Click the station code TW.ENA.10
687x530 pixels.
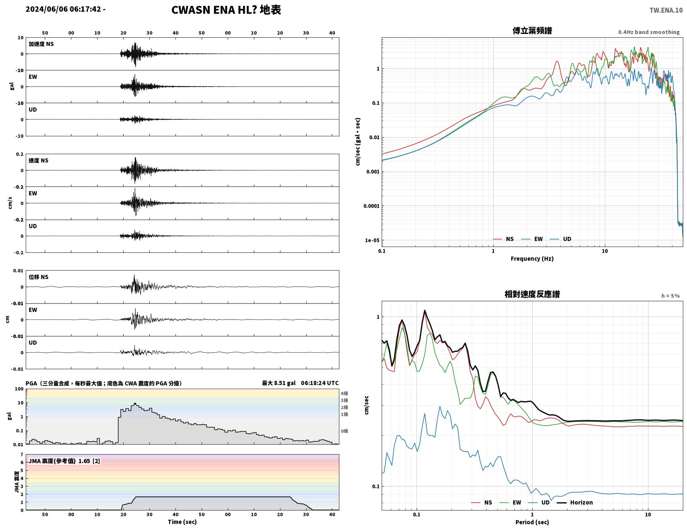[x=666, y=10]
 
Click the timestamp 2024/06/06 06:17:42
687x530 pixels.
[x=63, y=9]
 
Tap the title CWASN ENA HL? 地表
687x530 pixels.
[x=226, y=10]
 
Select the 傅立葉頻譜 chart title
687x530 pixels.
[x=532, y=31]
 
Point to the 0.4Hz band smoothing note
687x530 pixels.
[x=649, y=32]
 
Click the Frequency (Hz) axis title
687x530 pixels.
[x=532, y=259]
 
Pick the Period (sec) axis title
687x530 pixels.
[x=532, y=522]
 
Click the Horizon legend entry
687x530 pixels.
[x=575, y=503]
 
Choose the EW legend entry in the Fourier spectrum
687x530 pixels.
[x=532, y=239]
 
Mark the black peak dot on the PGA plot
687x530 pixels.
[x=135, y=404]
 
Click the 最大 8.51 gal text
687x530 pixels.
[x=278, y=383]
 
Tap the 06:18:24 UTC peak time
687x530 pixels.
[x=319, y=383]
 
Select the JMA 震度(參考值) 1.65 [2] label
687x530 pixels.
[x=64, y=461]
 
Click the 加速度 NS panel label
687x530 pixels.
[x=41, y=44]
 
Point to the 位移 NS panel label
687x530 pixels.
[x=39, y=277]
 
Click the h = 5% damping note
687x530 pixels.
[x=670, y=296]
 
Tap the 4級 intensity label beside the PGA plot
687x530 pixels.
[x=344, y=393]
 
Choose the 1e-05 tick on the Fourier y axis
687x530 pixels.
[x=372, y=240]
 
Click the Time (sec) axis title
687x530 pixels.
[x=182, y=522]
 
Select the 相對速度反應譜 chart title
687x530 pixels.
[x=532, y=294]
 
